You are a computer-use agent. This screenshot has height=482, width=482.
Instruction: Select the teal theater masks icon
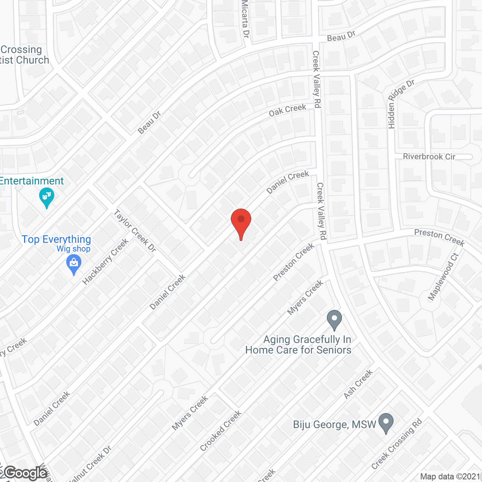(47, 197)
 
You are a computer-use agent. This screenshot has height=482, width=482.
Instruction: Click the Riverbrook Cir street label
(429, 156)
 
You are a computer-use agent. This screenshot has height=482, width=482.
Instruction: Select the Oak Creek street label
(287, 110)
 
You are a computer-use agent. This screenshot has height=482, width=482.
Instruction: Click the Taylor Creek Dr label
(135, 230)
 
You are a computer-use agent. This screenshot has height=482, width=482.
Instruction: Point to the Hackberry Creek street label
(105, 262)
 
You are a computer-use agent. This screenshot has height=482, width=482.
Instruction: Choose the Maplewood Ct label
(443, 277)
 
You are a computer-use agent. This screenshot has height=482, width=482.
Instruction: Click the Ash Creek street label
(358, 384)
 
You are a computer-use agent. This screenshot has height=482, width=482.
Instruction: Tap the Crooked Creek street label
(221, 431)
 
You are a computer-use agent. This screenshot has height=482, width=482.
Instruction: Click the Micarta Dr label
(246, 19)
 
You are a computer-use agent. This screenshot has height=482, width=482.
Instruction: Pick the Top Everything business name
(56, 239)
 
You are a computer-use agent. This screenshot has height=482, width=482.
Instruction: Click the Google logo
(25, 473)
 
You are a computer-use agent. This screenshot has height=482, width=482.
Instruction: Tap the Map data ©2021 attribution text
(450, 476)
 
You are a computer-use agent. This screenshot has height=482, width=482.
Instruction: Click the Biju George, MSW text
(334, 424)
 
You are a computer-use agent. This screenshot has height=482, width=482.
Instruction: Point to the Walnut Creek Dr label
(91, 465)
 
